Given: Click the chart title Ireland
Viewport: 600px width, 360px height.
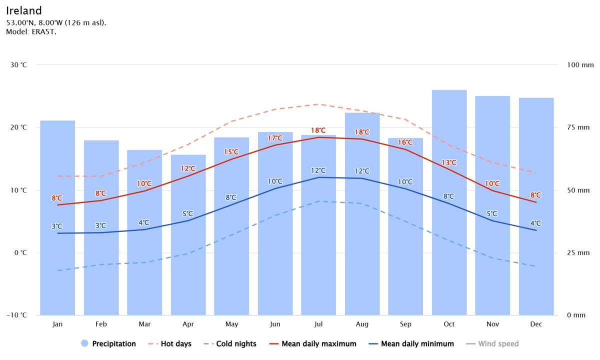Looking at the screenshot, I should (24, 10).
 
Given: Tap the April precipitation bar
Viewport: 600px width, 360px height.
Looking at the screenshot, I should (188, 235).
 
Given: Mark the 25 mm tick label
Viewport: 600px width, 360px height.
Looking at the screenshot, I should (579, 252).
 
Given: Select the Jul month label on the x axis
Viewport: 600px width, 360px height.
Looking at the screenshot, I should (318, 324).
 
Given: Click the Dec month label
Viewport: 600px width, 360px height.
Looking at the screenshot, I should (536, 324).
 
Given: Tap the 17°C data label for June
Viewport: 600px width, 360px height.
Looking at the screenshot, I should (275, 138).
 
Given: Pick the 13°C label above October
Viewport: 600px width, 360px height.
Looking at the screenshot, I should (449, 162).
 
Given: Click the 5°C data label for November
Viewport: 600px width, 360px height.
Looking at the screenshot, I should (492, 214).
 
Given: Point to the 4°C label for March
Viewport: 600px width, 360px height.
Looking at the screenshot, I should (144, 222).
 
